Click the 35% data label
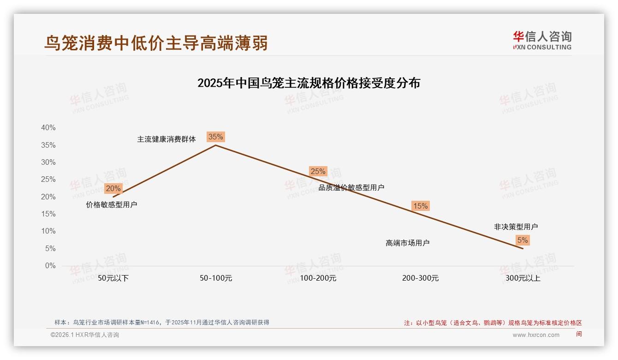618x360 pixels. click(215, 137)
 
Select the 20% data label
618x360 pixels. click(113, 188)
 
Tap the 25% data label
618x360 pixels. click(318, 171)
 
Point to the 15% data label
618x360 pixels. click(420, 206)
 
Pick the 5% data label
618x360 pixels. click(523, 240)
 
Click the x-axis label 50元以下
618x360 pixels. click(113, 278)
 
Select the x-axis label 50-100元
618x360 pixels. click(216, 278)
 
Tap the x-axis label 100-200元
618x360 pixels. click(318, 278)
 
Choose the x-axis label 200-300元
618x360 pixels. click(421, 278)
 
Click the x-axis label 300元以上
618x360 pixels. click(523, 278)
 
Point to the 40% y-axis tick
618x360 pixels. click(48, 128)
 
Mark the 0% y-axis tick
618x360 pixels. click(50, 266)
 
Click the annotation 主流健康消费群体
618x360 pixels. click(166, 139)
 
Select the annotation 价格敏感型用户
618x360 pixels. click(112, 205)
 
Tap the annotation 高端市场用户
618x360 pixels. click(408, 243)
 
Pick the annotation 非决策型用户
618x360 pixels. click(516, 227)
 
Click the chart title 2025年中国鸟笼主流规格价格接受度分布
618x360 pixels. click(309, 83)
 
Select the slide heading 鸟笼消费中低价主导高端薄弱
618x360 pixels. click(156, 43)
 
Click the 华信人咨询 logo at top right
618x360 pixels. click(542, 40)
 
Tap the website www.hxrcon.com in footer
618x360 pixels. click(536, 335)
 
